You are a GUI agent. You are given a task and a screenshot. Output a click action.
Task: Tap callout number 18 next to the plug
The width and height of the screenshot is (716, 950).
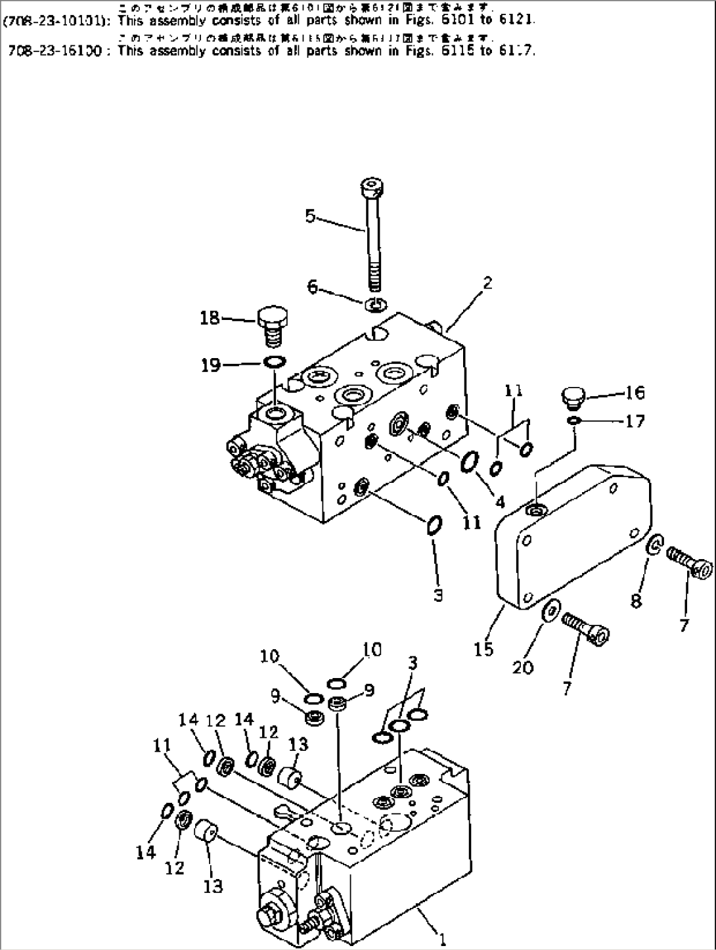210,319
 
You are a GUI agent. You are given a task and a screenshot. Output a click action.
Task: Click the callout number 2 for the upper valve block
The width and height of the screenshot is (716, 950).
487,284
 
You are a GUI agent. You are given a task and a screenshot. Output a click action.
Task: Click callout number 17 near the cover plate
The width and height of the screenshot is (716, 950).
635,420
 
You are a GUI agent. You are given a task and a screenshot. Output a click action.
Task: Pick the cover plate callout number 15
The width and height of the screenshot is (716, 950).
483,649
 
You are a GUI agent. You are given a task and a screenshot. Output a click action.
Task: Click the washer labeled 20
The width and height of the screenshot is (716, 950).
550,612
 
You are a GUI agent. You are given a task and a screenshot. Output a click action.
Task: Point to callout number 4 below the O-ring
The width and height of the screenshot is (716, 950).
500,503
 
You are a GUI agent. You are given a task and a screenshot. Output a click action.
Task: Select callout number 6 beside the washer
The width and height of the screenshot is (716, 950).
312,286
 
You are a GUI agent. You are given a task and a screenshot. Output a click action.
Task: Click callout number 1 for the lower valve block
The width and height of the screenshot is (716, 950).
443,941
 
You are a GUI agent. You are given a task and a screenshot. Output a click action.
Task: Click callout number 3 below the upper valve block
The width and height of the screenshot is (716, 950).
437,595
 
